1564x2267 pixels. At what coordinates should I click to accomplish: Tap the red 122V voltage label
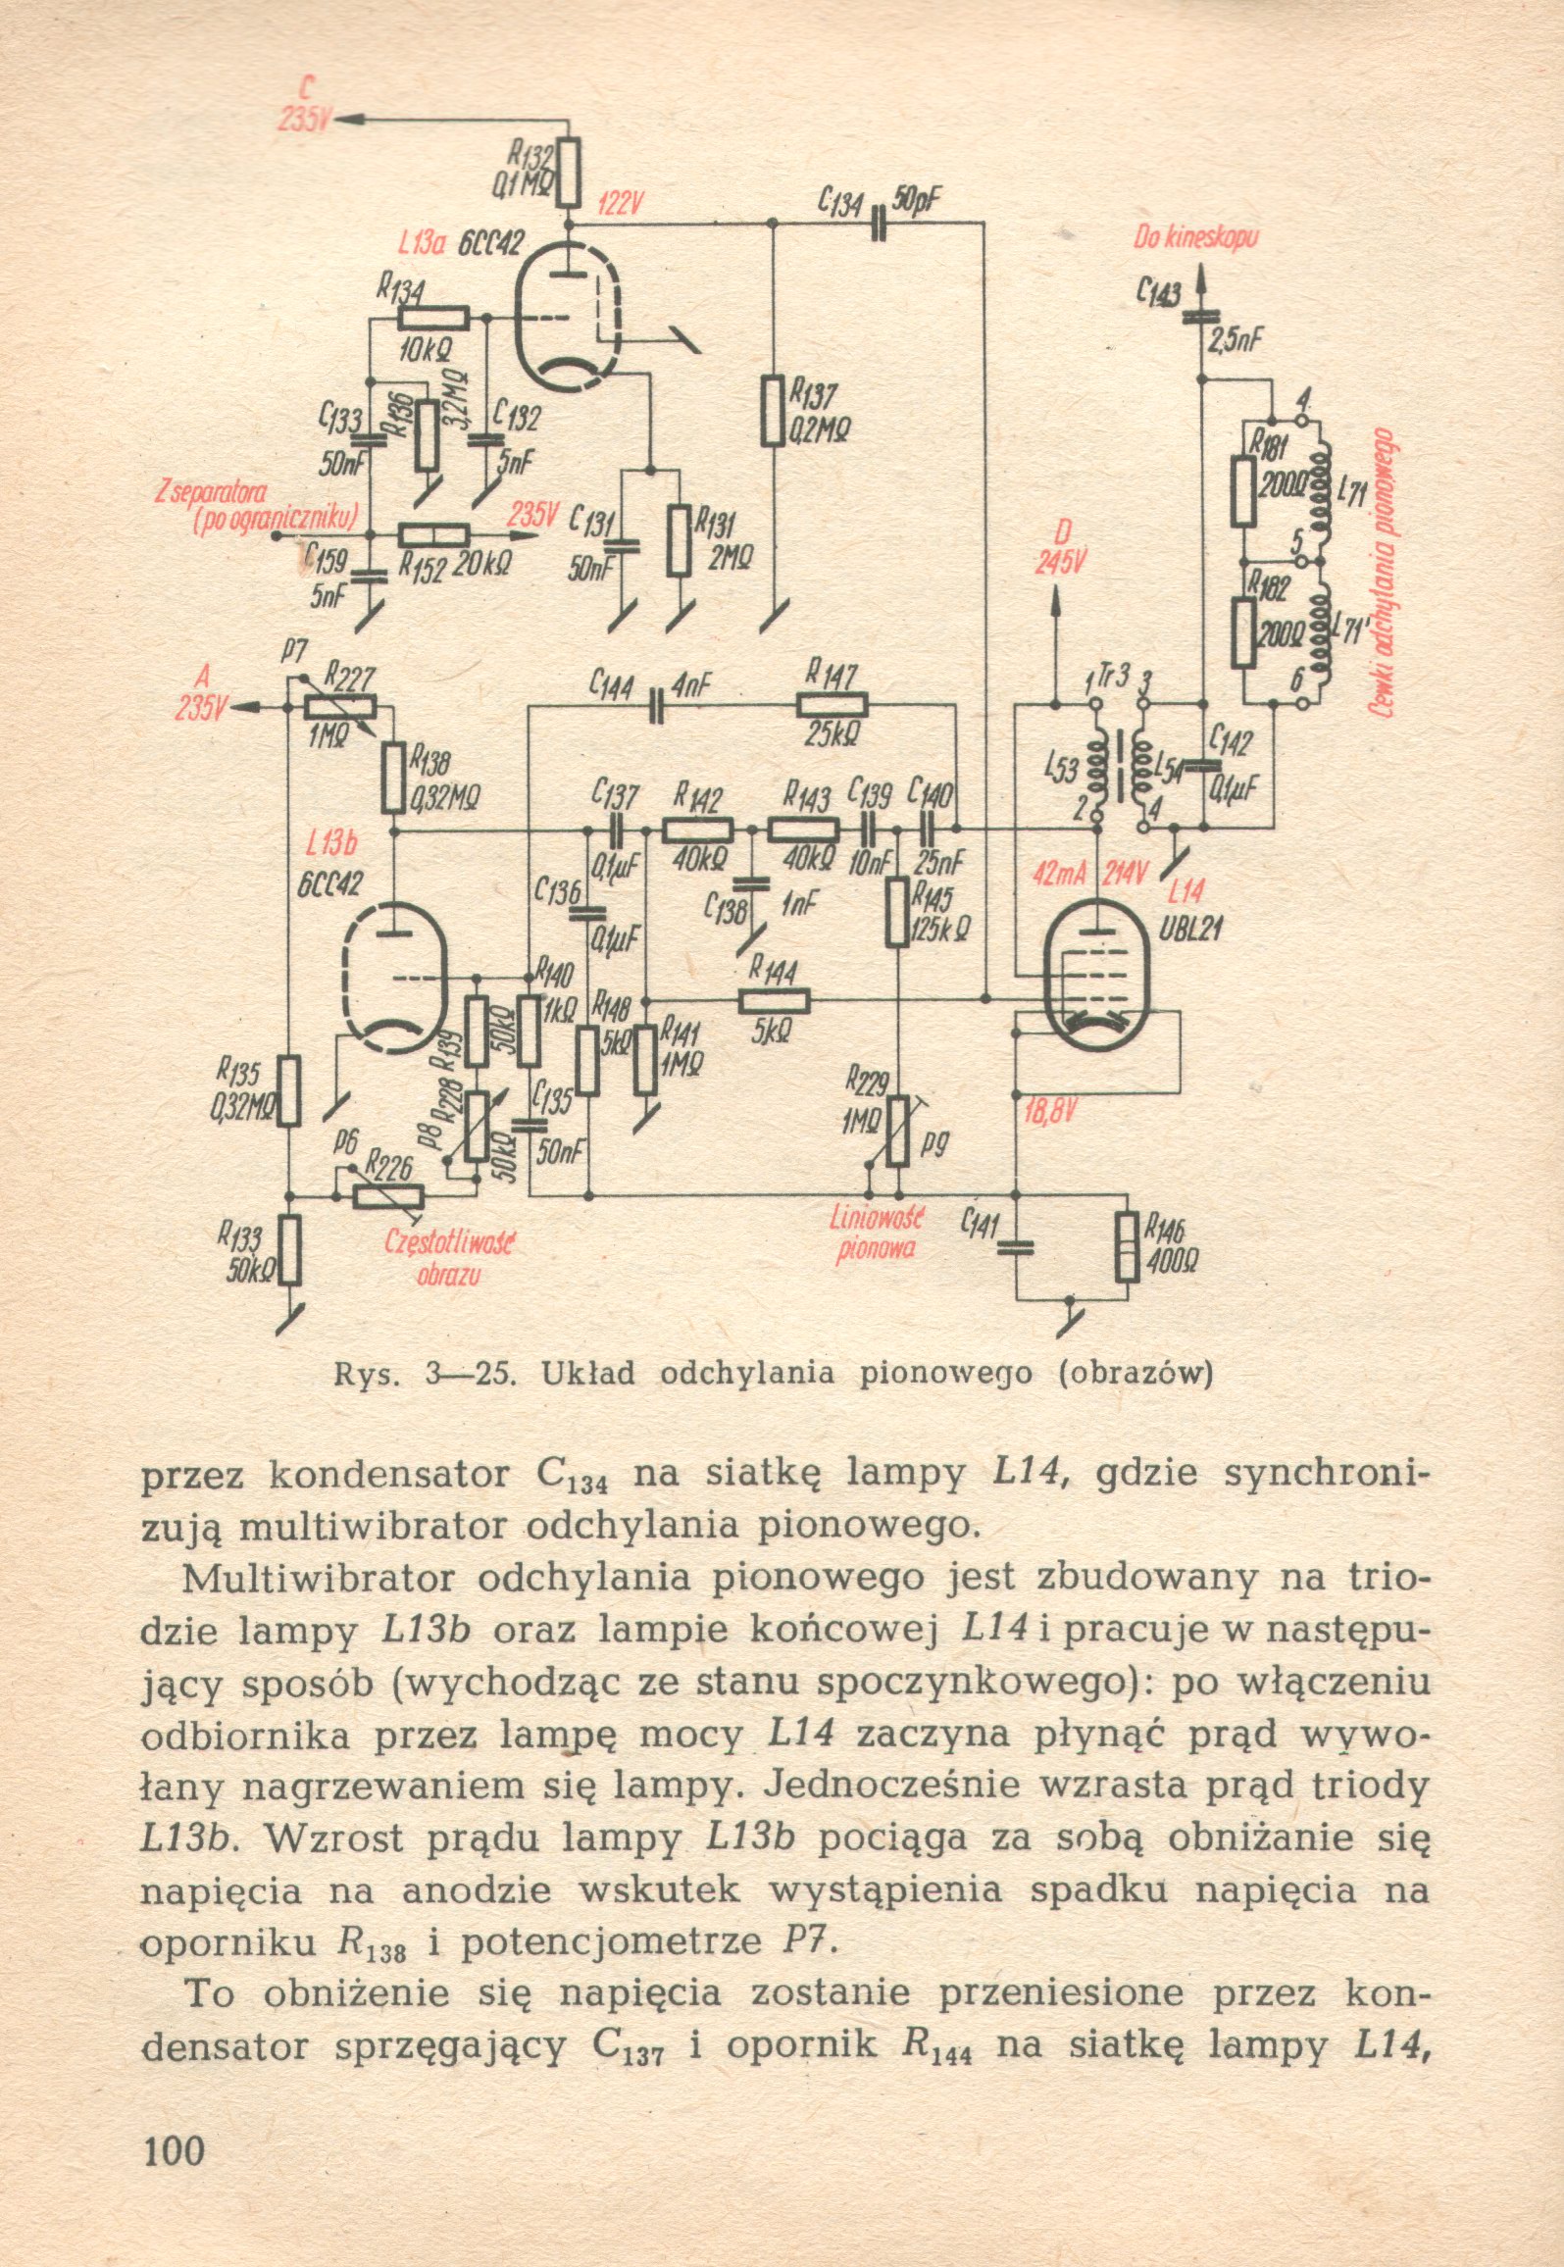(x=620, y=204)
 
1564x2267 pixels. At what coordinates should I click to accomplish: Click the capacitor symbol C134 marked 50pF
(x=879, y=225)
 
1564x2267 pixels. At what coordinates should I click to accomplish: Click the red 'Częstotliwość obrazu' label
(x=450, y=1260)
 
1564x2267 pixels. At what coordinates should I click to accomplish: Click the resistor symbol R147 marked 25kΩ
(x=832, y=704)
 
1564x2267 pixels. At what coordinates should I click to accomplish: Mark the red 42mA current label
(x=1056, y=875)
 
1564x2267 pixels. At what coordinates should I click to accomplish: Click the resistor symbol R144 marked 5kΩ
(x=774, y=1000)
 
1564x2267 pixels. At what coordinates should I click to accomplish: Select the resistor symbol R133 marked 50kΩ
(x=290, y=1249)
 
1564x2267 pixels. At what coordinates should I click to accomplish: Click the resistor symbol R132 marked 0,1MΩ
(x=569, y=173)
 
